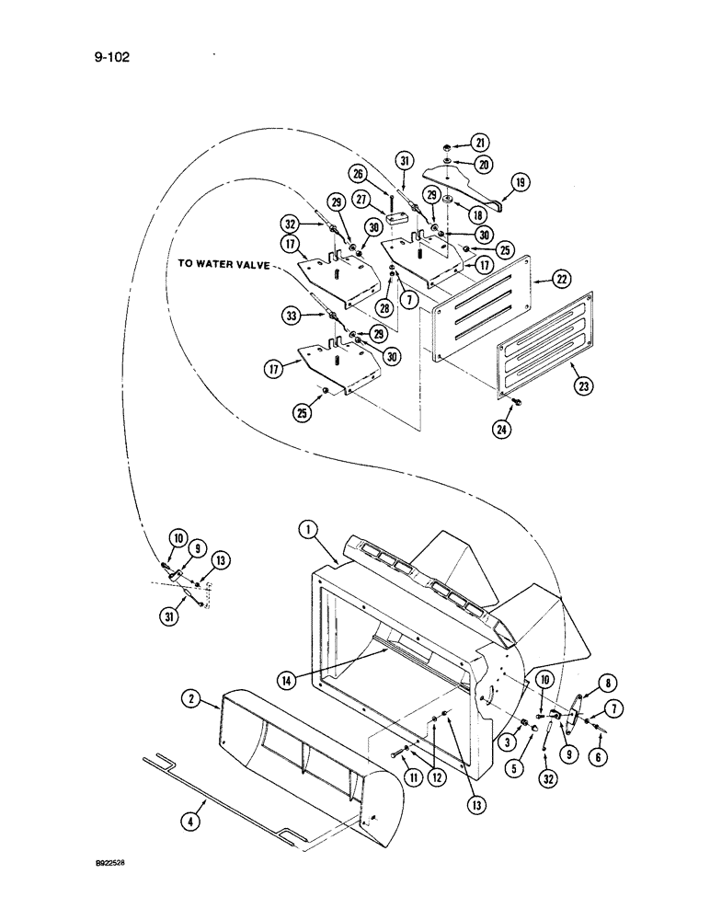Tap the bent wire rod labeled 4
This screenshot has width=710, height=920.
click(x=221, y=778)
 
